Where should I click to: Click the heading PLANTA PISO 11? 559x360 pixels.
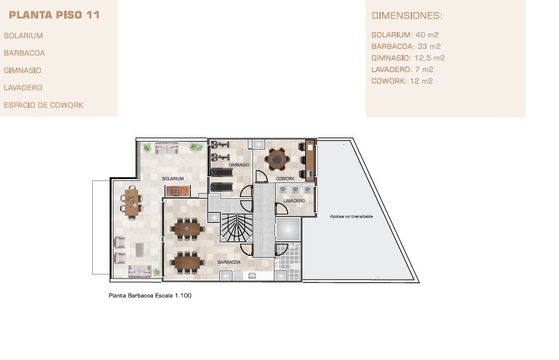coord(54,15)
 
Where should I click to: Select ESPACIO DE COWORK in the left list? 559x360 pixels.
coord(43,105)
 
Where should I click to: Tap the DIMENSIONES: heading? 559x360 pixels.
coord(407,15)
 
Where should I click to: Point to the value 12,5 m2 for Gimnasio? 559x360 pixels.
coord(429,58)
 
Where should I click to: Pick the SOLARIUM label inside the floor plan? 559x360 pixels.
coord(173,178)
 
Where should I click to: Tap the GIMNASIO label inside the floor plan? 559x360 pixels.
coord(239,165)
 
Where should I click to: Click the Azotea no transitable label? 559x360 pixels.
coord(351,216)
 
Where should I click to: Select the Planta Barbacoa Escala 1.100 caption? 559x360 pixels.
coord(150,295)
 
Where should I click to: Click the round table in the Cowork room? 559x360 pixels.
coord(276,160)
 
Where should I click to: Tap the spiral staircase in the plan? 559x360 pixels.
coord(236,227)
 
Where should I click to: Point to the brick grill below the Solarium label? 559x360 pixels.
coord(177,192)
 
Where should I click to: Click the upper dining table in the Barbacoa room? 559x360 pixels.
coord(188,229)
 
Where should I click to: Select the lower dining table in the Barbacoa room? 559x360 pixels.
coord(188,262)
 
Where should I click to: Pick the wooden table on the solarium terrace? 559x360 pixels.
coord(132,202)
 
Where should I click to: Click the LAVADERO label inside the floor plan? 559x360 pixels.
coord(294,201)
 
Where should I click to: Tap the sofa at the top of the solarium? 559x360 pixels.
coord(166,148)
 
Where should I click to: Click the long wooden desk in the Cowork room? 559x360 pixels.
coord(310,160)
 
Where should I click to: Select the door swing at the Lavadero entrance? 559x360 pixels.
coord(282,208)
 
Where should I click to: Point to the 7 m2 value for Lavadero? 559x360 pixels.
coord(424,69)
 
